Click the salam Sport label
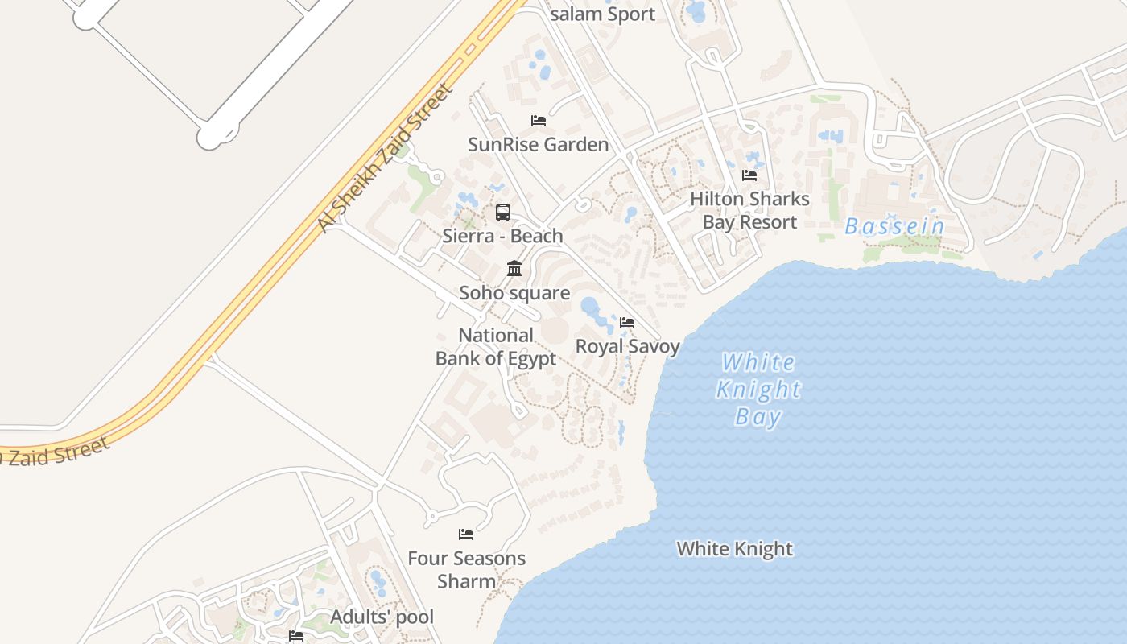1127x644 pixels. point(602,14)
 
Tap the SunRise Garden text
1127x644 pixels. point(538,145)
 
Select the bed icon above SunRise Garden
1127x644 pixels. point(539,121)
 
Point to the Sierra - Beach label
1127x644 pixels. point(502,236)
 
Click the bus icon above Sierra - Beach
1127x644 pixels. point(503,213)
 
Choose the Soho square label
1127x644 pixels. point(514,293)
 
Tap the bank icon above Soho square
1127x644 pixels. point(514,268)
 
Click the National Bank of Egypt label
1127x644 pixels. point(496,347)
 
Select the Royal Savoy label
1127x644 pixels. point(627,346)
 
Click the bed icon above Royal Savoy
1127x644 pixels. point(627,323)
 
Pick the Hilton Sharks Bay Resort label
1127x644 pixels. point(749,210)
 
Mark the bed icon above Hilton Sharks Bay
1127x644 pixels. point(749,175)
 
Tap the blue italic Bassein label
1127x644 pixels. point(894,227)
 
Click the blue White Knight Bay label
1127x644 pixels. point(758,390)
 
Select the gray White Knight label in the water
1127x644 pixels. point(734,549)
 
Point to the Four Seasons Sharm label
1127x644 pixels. point(466,569)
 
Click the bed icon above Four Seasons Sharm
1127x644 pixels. point(466,535)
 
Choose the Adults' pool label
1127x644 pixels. point(382,617)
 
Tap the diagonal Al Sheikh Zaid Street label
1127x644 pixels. point(383,158)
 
